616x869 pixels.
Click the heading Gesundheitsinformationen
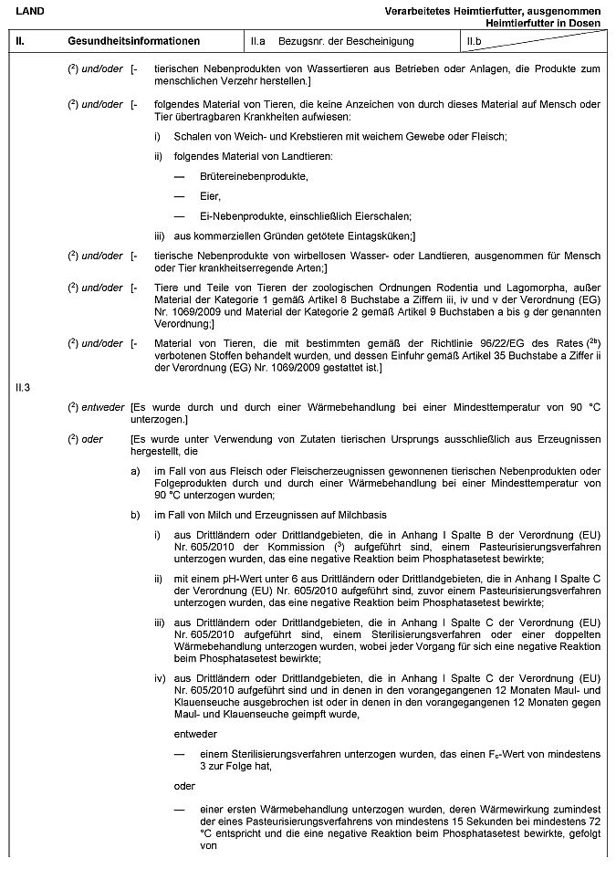tap(133, 41)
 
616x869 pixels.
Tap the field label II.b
tap(474, 41)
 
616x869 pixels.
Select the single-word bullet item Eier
tap(210, 196)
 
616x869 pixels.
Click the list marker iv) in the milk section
tap(161, 678)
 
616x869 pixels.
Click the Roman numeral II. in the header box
tap(20, 41)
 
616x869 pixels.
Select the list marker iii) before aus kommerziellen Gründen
tap(160, 236)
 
